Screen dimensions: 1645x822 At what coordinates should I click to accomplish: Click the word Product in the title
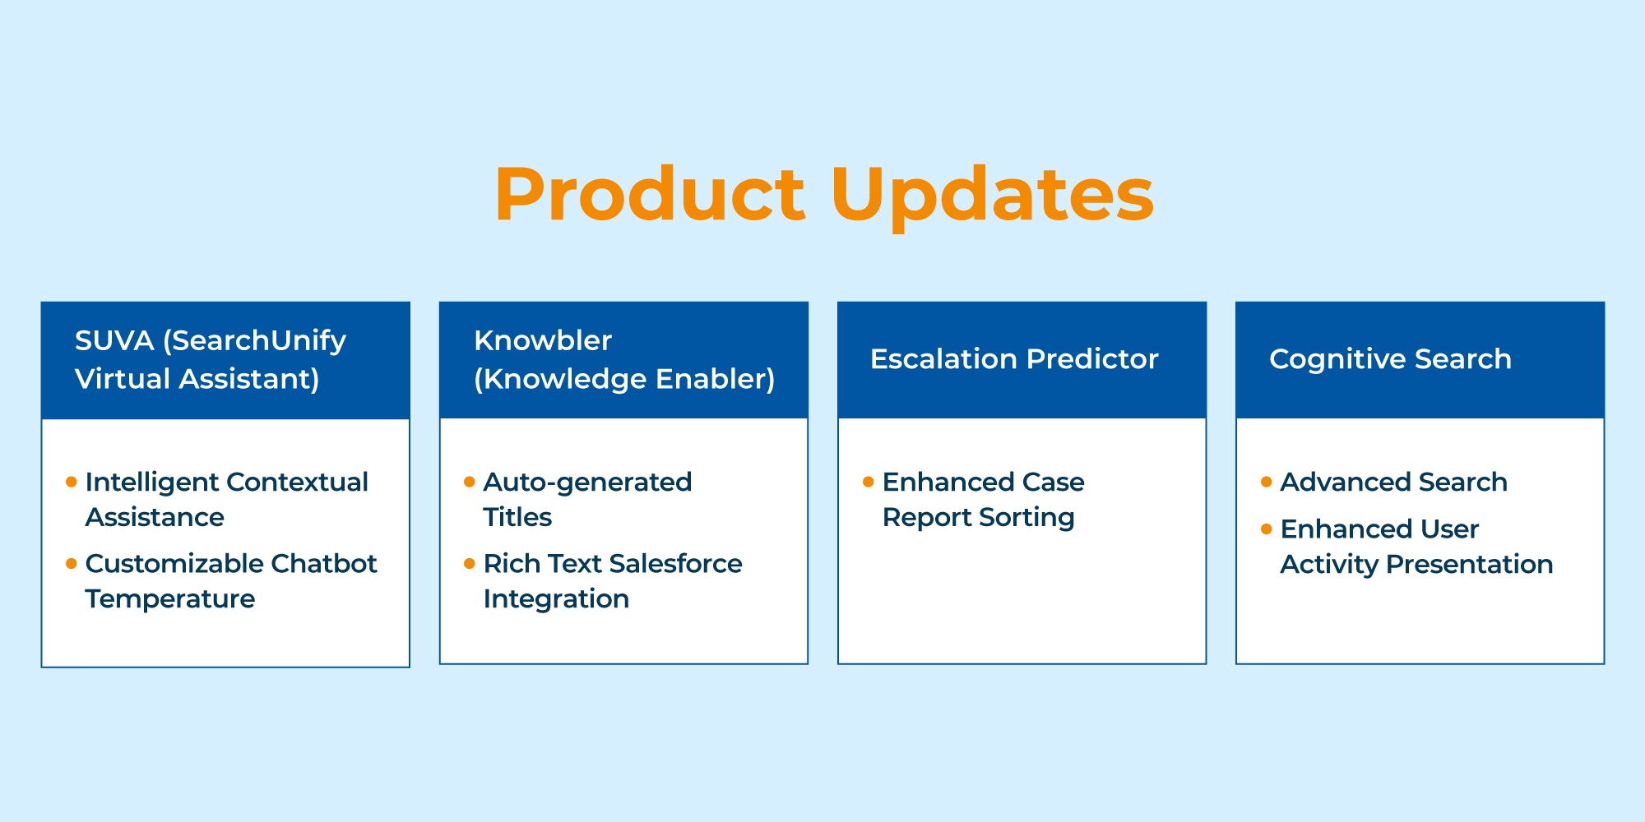tap(650, 194)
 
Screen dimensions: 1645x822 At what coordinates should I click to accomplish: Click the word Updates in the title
tap(993, 198)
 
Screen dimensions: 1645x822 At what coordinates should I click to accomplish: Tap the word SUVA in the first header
tap(114, 340)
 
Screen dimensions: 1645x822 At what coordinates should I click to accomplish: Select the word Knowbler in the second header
tap(543, 340)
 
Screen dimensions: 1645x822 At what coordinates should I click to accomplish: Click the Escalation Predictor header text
tap(1014, 359)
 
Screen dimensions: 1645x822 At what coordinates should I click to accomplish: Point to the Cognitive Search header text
tap(1390, 360)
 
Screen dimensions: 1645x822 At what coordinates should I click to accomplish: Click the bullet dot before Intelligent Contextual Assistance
tap(72, 482)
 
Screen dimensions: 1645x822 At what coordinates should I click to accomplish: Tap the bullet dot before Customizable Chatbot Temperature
tap(72, 563)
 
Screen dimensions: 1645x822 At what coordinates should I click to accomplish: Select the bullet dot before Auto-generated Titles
tap(470, 482)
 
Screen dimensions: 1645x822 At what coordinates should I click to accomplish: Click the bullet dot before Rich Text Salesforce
tap(470, 563)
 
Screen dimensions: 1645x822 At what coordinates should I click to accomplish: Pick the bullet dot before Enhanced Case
tap(868, 482)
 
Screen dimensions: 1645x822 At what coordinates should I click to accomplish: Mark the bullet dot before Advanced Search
tap(1267, 482)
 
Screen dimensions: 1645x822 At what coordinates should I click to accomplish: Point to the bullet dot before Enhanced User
tap(1267, 529)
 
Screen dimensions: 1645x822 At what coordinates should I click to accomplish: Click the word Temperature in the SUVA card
tap(170, 599)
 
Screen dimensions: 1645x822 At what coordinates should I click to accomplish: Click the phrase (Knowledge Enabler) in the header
tap(624, 380)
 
